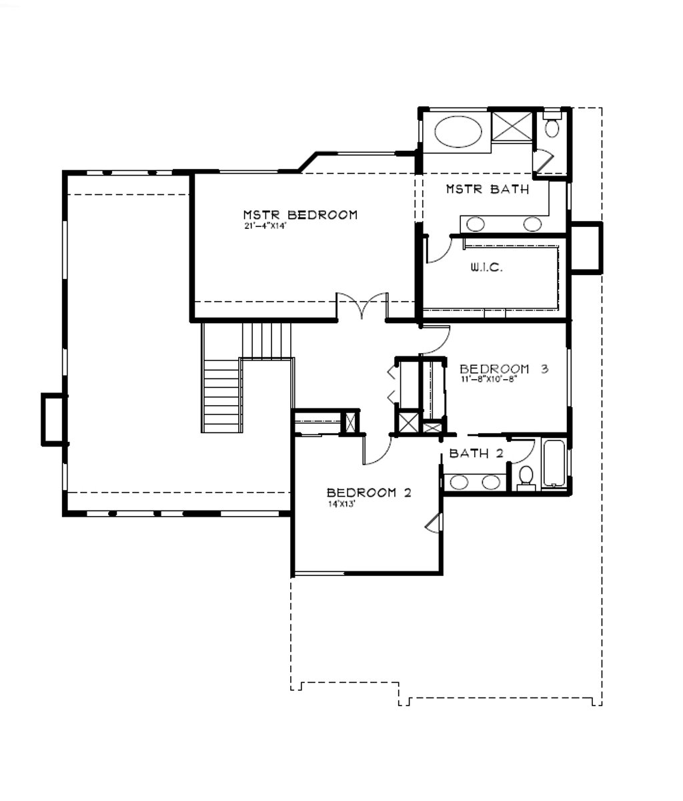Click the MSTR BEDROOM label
pyautogui.click(x=300, y=215)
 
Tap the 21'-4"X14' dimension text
pyautogui.click(x=265, y=226)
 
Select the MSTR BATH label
pyautogui.click(x=488, y=189)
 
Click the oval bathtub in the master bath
pyautogui.click(x=458, y=131)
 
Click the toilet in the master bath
pyautogui.click(x=552, y=125)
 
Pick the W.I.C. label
pyautogui.click(x=487, y=267)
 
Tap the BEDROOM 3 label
pyautogui.click(x=504, y=368)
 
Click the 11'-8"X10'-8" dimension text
pyautogui.click(x=490, y=379)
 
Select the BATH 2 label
pyautogui.click(x=476, y=453)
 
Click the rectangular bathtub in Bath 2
pyautogui.click(x=554, y=463)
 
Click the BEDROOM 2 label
pyautogui.click(x=369, y=493)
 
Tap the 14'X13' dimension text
pyautogui.click(x=341, y=505)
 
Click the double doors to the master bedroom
pyautogui.click(x=362, y=306)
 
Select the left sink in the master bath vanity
pyautogui.click(x=475, y=224)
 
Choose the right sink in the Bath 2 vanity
pyautogui.click(x=491, y=482)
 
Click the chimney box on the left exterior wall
pyautogui.click(x=54, y=420)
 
